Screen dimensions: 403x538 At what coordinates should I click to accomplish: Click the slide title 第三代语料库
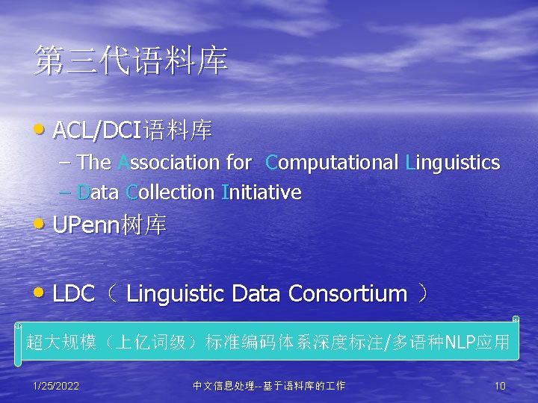(x=131, y=62)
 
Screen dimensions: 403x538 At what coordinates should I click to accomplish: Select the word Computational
(x=332, y=163)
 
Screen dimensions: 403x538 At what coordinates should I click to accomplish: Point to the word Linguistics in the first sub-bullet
(x=452, y=163)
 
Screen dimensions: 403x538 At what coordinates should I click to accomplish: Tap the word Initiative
(x=262, y=193)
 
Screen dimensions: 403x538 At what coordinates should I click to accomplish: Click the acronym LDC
(x=73, y=294)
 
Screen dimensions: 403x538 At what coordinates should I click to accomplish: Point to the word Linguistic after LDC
(x=176, y=294)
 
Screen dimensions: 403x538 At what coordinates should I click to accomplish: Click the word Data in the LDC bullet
(x=257, y=294)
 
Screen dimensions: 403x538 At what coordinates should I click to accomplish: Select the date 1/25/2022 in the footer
(x=56, y=386)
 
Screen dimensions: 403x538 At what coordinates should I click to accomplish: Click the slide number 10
(x=500, y=386)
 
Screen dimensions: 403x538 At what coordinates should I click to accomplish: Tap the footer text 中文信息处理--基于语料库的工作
(x=269, y=386)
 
